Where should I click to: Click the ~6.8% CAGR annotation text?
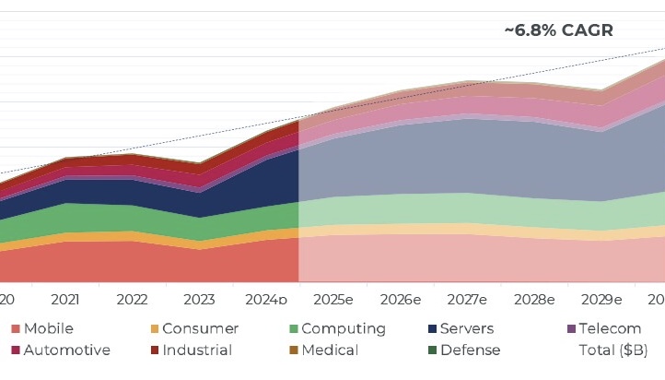point(558,30)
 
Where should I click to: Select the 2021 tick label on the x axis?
point(64,300)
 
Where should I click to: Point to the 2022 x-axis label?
point(133,300)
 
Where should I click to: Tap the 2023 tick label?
point(200,300)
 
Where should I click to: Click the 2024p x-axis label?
point(268,300)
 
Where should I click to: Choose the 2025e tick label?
point(333,300)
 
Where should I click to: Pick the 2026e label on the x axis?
point(401,300)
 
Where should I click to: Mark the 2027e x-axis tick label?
point(468,300)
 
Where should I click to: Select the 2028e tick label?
point(535,300)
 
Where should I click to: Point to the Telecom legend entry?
point(603,328)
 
